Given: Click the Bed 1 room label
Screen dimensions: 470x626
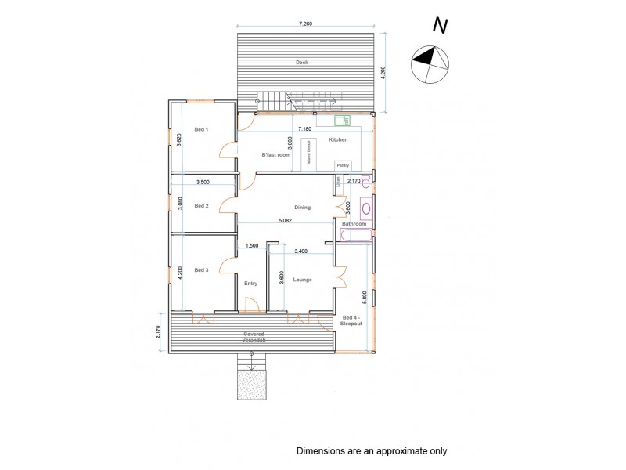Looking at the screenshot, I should tap(201, 129).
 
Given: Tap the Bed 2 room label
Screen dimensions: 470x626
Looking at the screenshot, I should tap(201, 206).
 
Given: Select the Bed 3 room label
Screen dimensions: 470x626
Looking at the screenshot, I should tap(201, 270).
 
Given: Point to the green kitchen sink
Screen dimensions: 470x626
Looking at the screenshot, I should tap(341, 121).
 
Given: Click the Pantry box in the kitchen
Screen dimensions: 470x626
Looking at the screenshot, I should tap(343, 165).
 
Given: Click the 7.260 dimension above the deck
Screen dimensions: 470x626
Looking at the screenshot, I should tap(304, 25).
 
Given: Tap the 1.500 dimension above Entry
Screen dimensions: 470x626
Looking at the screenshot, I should tap(252, 246).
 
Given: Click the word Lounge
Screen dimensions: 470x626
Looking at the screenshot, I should tap(303, 279).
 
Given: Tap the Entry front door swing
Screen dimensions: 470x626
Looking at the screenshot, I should tap(250, 305).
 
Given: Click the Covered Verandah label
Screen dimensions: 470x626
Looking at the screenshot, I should tap(253, 336).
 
